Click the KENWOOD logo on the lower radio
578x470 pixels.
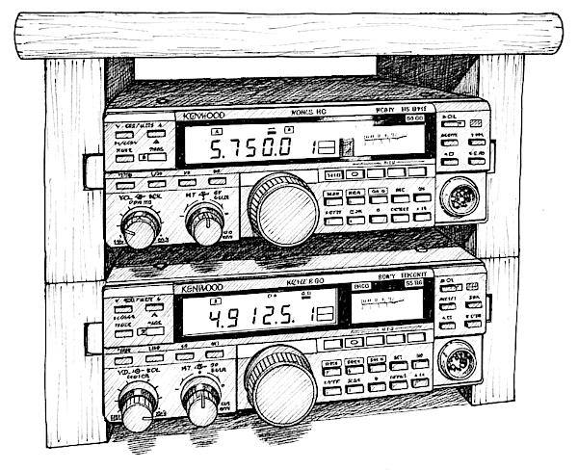(199, 288)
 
